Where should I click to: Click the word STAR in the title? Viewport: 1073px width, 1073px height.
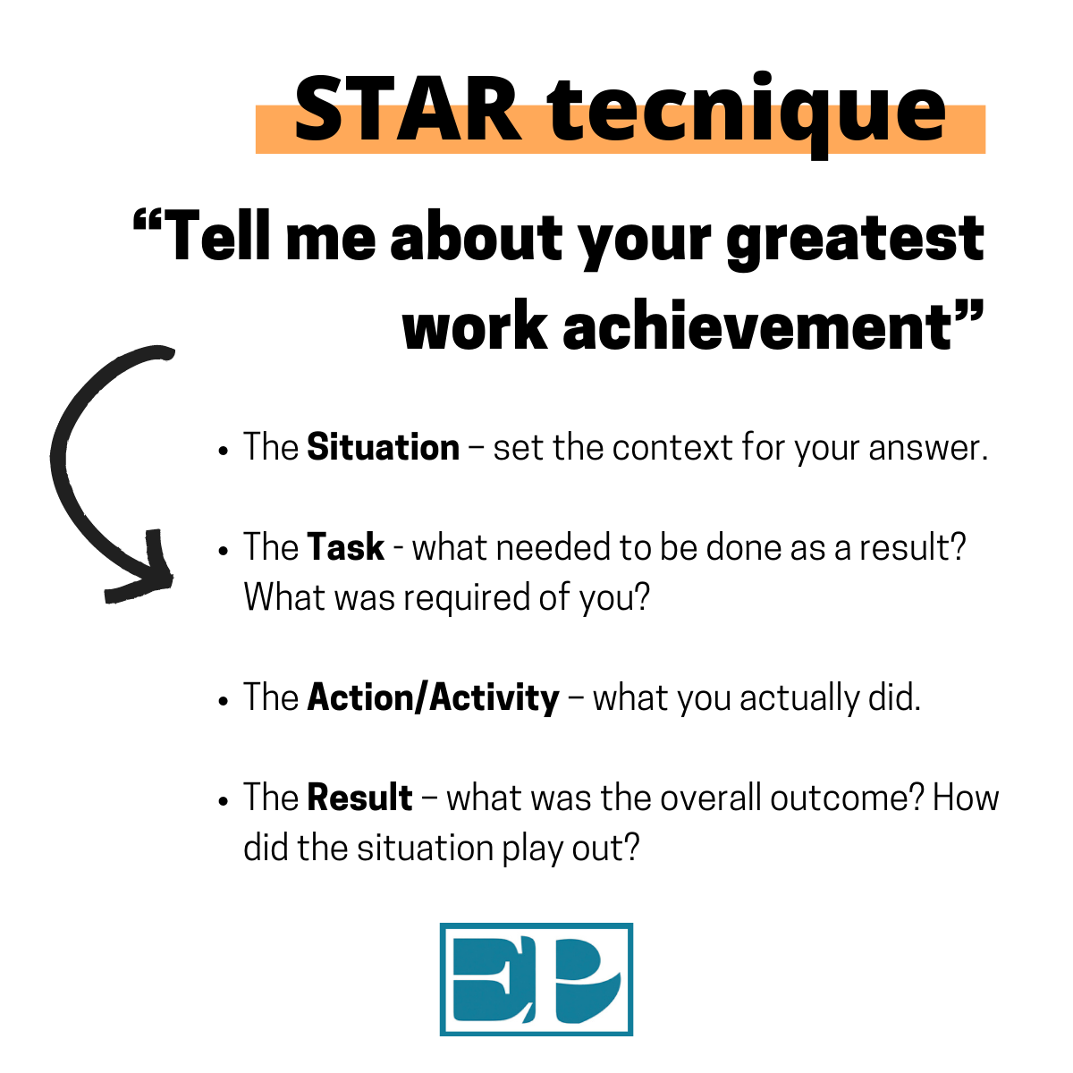coord(408,109)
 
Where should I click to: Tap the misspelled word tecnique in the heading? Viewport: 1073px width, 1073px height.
coord(747,115)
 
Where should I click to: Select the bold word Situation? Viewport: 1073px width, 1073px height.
coord(383,447)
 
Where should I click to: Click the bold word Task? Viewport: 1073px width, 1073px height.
coord(345,547)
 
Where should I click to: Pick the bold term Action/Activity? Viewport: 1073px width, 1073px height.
coord(433,697)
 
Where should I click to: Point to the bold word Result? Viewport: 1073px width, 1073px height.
coord(359,798)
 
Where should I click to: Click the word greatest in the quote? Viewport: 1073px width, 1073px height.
coord(856,241)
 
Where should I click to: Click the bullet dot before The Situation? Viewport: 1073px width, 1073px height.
coord(224,451)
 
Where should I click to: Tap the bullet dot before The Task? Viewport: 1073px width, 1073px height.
coord(224,551)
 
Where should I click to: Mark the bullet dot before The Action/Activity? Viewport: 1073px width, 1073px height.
coord(224,701)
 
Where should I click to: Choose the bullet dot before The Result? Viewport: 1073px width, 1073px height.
coord(224,801)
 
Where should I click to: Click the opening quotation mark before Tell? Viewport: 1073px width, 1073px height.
coord(147,221)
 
